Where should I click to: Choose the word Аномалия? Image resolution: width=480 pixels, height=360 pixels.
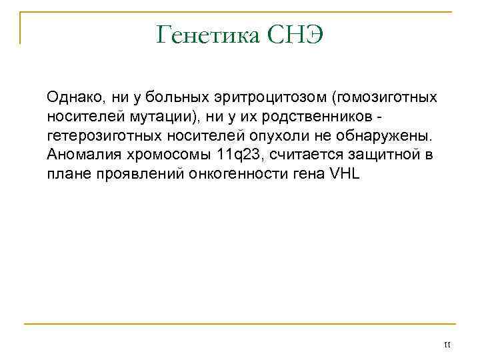(x=79, y=155)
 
